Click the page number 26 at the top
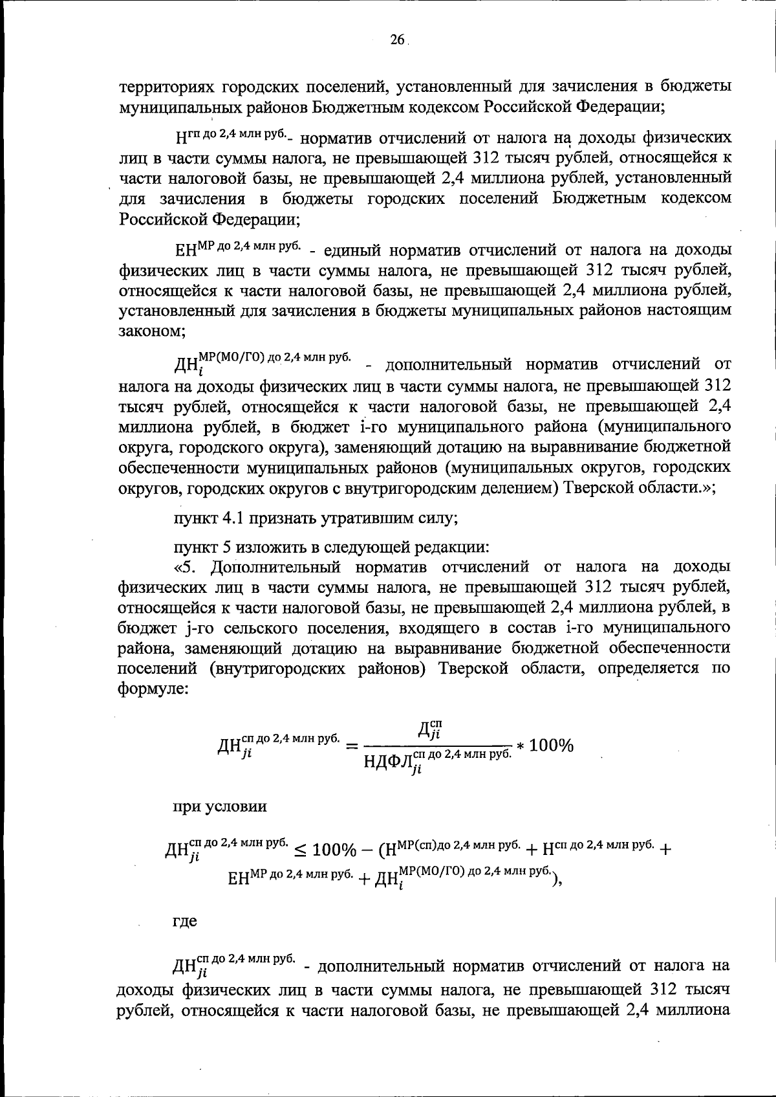(396, 40)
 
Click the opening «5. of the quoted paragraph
(188, 567)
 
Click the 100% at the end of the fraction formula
(551, 746)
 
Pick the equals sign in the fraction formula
(352, 747)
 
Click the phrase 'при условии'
(219, 807)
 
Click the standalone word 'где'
(184, 921)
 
